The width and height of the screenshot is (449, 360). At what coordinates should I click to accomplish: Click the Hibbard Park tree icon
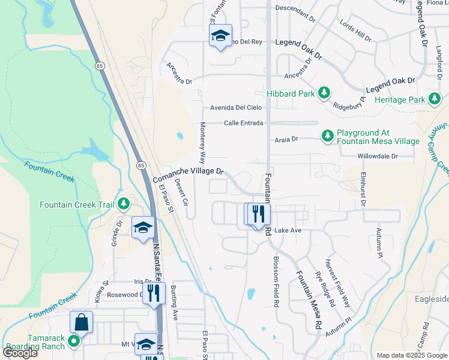point(324,93)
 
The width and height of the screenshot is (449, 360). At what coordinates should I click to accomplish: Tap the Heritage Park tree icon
point(435,98)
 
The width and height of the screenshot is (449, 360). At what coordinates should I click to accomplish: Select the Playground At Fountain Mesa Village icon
point(328,136)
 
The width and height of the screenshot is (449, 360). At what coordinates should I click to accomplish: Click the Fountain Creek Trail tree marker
point(124,205)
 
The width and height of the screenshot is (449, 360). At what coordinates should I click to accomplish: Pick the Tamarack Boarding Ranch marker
point(74,342)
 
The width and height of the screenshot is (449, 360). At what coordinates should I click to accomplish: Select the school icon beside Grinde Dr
point(143,227)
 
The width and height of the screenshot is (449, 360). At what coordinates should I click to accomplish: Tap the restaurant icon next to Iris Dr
point(155,293)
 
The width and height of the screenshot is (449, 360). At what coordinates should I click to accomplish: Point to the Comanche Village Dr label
point(188,175)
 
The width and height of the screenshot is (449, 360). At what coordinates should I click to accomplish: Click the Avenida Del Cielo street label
point(236,108)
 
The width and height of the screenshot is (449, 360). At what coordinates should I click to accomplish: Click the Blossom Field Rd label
point(276,282)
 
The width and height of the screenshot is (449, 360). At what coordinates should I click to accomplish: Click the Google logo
point(20,352)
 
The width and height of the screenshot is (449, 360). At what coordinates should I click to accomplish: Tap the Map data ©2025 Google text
point(411,355)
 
